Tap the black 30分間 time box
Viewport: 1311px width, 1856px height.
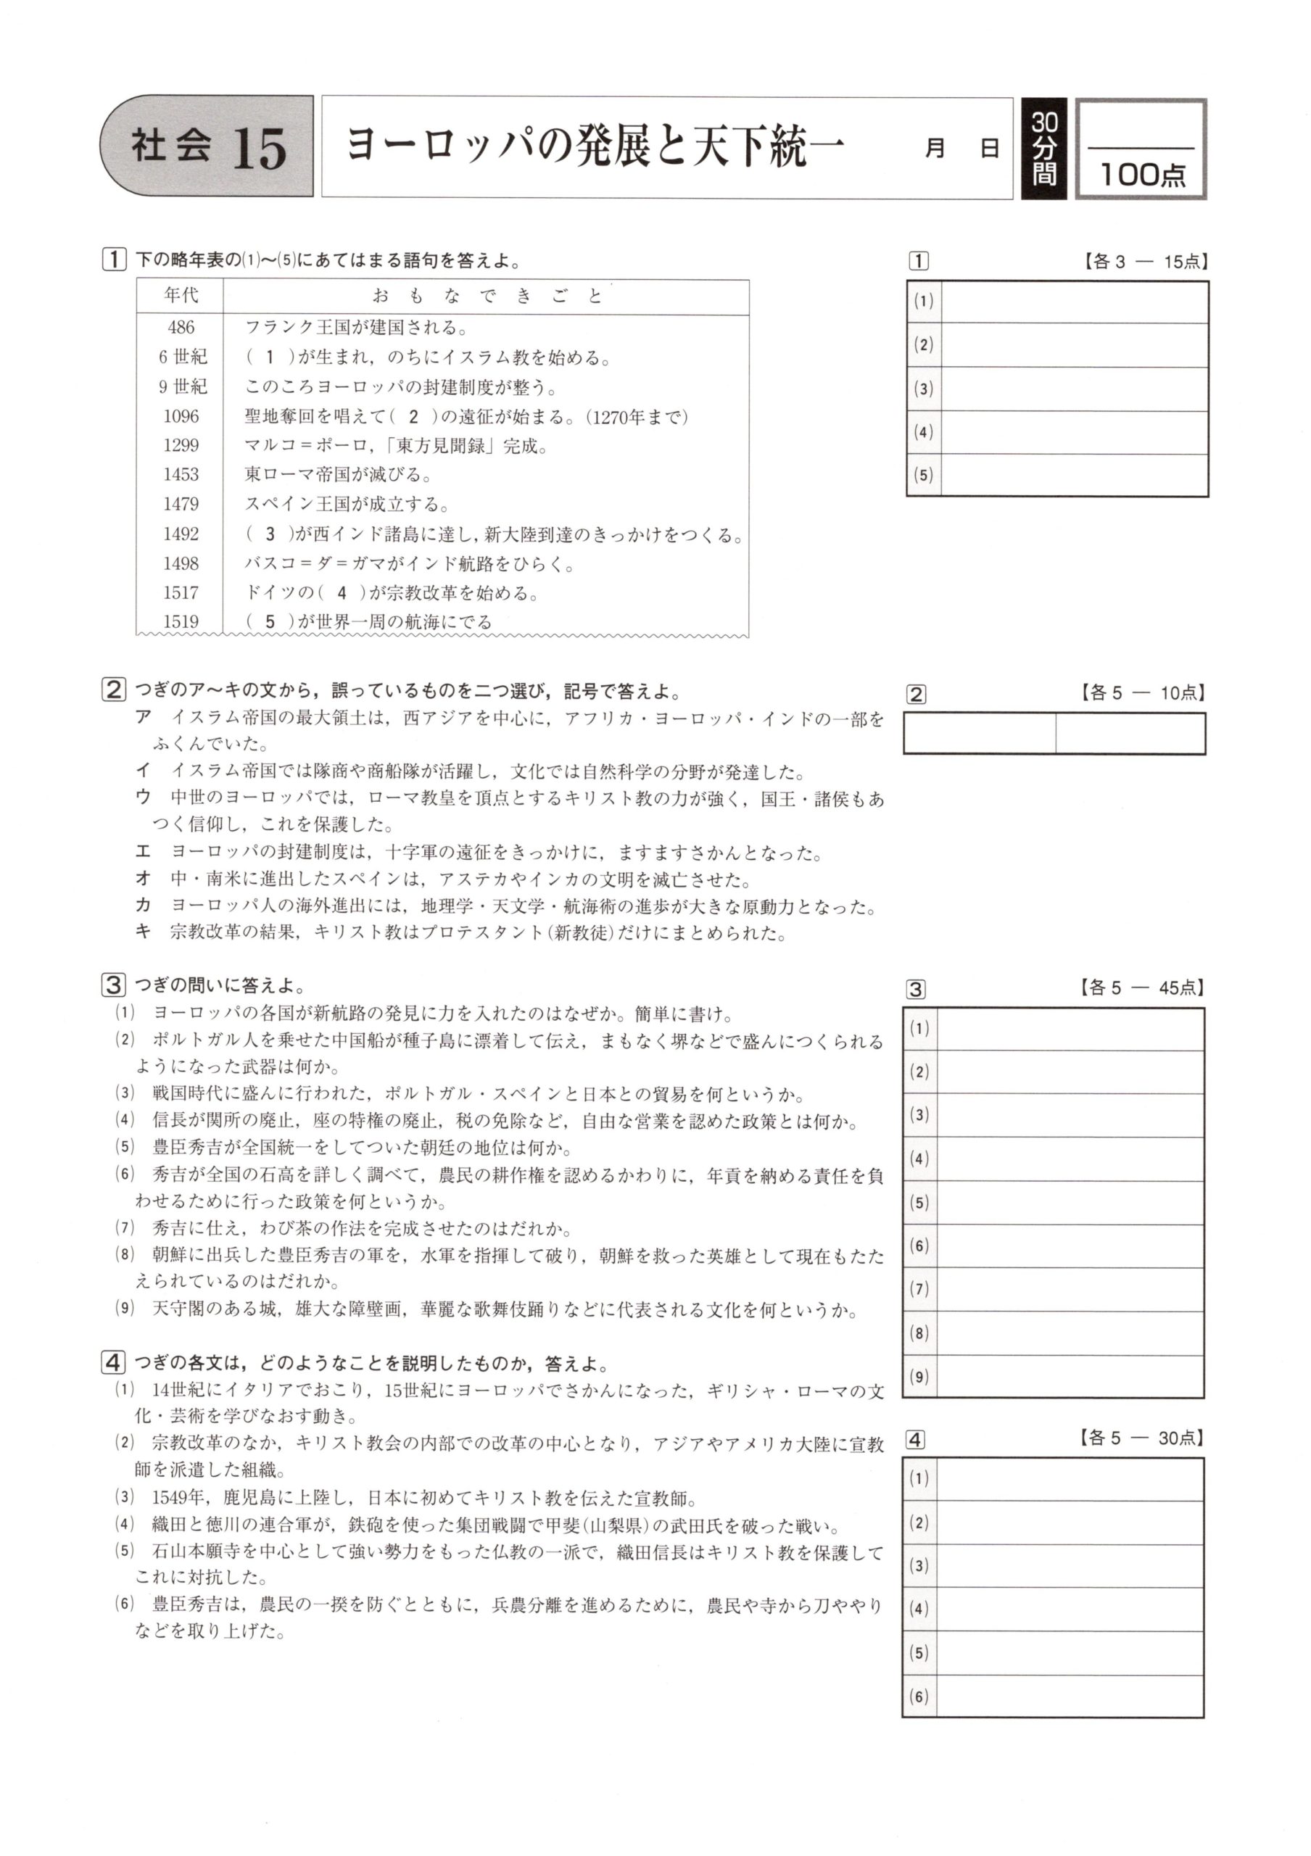pos(1043,149)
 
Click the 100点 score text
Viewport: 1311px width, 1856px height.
pos(1142,174)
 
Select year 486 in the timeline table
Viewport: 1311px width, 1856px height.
pos(181,328)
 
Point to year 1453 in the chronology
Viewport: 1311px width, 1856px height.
pos(181,474)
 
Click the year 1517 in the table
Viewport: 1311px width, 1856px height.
pos(181,592)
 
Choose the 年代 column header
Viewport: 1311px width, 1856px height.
pos(181,296)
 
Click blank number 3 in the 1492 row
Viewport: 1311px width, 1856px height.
pos(270,534)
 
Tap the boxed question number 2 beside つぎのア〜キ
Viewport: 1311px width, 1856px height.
pos(113,690)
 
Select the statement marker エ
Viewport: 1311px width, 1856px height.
pos(143,852)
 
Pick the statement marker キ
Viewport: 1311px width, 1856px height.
pos(143,932)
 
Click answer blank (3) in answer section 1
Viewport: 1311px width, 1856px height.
pos(1074,389)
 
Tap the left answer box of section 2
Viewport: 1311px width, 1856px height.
pos(979,734)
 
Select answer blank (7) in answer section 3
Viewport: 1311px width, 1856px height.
pos(1070,1288)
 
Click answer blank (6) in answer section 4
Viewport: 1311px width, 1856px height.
pos(1070,1696)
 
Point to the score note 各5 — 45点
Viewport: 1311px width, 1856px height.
pos(1141,988)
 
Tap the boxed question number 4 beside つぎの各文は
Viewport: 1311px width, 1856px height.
pos(113,1363)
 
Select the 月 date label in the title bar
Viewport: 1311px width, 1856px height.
pos(935,149)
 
